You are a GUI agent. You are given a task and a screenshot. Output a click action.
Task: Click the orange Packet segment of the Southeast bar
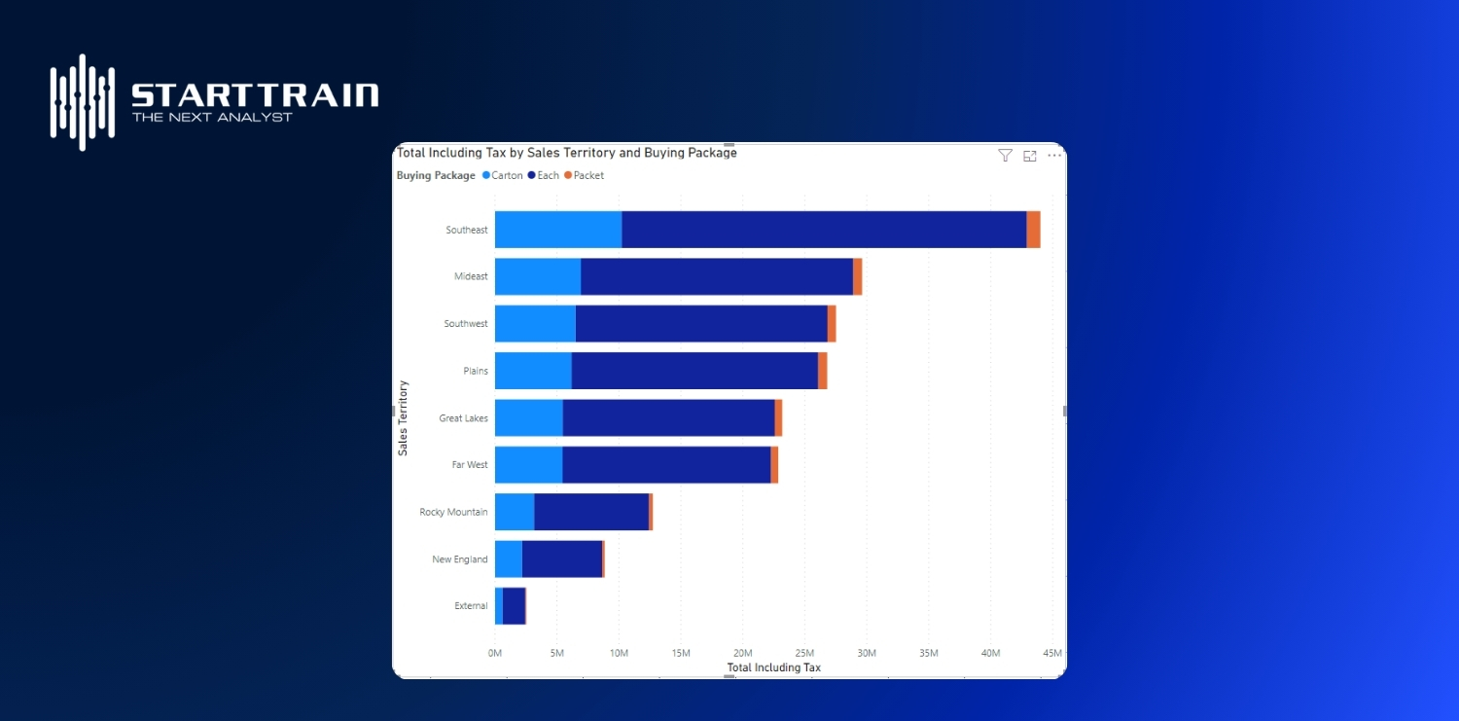click(1033, 230)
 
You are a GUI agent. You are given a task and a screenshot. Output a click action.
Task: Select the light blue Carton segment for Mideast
click(538, 276)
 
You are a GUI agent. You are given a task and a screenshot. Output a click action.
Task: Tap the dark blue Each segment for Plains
click(694, 371)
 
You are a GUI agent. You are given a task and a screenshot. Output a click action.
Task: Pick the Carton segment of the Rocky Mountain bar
click(515, 512)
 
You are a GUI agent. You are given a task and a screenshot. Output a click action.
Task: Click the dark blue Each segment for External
click(514, 606)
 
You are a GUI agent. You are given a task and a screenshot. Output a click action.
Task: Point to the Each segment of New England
click(562, 559)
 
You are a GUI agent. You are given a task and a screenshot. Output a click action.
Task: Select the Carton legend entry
click(503, 176)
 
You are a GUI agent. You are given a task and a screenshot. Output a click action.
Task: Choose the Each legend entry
click(544, 176)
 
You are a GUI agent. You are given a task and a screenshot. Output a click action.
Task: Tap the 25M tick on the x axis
click(804, 653)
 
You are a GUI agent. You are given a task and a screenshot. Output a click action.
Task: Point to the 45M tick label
click(1051, 653)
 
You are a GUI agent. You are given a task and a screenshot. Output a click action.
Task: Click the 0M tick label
click(495, 653)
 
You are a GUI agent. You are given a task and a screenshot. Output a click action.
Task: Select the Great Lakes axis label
click(463, 418)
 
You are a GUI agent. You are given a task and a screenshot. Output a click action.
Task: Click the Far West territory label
click(470, 465)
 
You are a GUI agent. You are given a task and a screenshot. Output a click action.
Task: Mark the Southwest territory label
click(466, 324)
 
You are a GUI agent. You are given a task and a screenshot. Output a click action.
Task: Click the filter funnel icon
click(1006, 156)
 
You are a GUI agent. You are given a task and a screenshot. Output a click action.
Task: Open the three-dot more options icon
click(1054, 156)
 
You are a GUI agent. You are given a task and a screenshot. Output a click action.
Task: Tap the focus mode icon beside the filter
click(1030, 156)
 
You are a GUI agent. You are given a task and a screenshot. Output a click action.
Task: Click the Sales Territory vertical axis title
click(404, 417)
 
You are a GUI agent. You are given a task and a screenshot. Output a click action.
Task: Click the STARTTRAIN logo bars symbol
click(83, 102)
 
